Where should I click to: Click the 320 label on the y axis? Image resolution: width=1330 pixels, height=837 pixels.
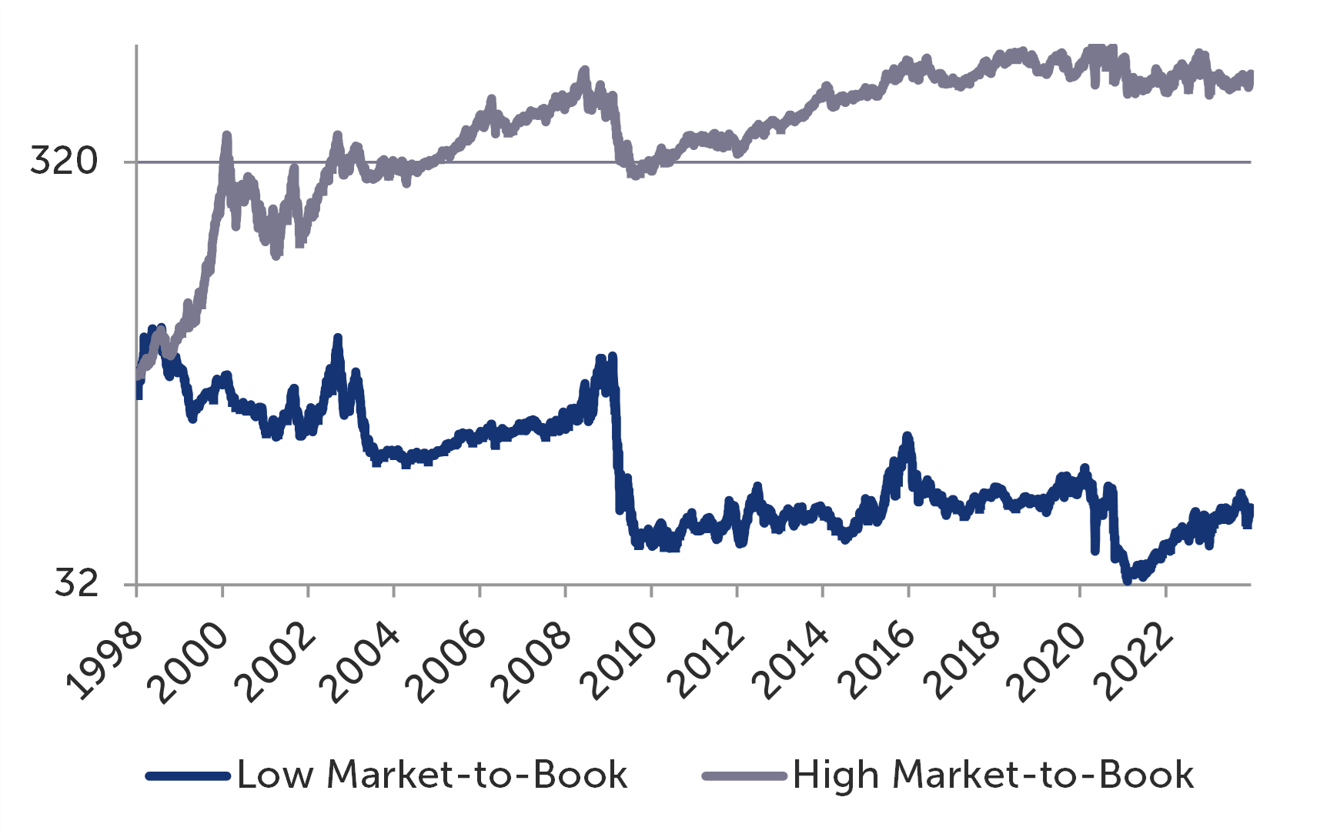click(x=64, y=161)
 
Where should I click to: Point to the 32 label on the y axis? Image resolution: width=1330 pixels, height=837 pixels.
click(x=77, y=583)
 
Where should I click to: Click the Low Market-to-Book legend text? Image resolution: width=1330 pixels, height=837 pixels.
click(x=432, y=775)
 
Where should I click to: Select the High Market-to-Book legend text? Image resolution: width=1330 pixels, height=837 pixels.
click(x=993, y=775)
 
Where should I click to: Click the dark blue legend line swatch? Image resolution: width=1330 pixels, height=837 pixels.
click(x=188, y=775)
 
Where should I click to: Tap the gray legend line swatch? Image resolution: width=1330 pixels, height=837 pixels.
click(x=744, y=775)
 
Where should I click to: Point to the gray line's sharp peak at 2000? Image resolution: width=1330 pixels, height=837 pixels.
click(x=226, y=136)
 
